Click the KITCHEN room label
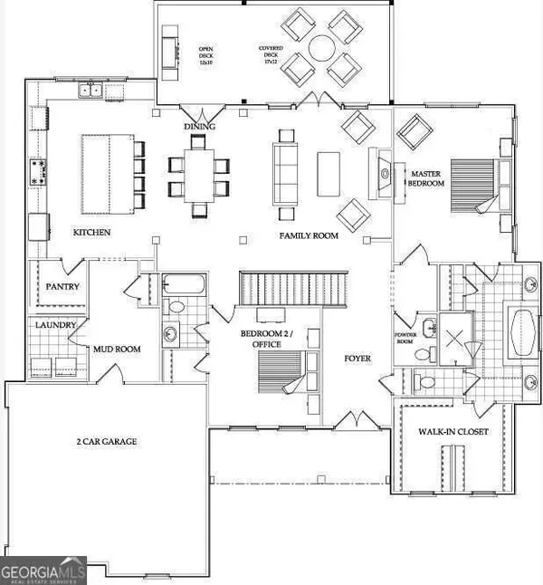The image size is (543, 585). pyautogui.click(x=91, y=233)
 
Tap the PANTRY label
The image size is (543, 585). pyautogui.click(x=62, y=287)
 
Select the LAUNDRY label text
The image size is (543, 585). pyautogui.click(x=53, y=324)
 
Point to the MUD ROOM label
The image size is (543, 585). pyautogui.click(x=115, y=347)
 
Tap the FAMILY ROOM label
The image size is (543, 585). pyautogui.click(x=308, y=235)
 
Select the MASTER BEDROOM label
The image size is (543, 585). pyautogui.click(x=427, y=177)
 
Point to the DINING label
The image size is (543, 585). pyautogui.click(x=199, y=127)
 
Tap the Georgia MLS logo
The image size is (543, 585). pyautogui.click(x=43, y=570)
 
